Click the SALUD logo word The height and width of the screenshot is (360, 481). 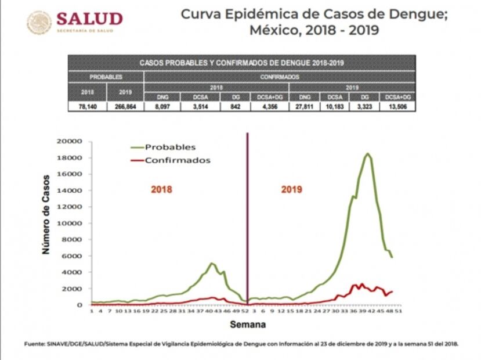(90, 19)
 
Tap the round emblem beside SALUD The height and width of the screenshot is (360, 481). (39, 23)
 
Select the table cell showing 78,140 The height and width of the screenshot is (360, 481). (88, 106)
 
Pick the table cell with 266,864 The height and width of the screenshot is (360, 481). (125, 106)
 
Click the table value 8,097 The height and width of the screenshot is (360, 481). (162, 106)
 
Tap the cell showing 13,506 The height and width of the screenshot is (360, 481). (397, 106)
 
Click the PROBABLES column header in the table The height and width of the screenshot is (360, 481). (106, 77)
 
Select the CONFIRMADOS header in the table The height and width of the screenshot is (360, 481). (280, 77)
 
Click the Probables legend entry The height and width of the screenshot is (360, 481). (170, 147)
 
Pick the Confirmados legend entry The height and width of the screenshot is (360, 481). (177, 160)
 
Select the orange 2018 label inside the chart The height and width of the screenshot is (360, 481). (162, 189)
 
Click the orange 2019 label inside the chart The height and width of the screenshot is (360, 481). (292, 189)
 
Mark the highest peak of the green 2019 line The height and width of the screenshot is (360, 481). (368, 154)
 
